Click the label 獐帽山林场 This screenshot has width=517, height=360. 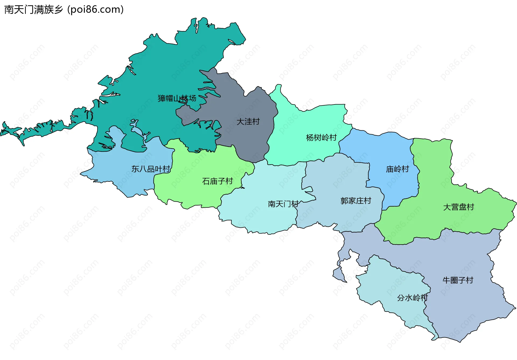(x=177, y=98)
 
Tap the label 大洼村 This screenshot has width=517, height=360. (x=248, y=122)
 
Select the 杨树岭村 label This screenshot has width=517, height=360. (x=321, y=138)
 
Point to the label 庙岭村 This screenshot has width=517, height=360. (x=397, y=169)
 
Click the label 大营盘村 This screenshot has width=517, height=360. (x=458, y=207)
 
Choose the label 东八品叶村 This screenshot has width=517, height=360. (x=151, y=169)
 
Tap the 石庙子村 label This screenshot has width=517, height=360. (x=217, y=181)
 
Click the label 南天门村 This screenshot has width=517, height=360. (x=283, y=204)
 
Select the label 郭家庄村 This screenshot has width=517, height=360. (x=355, y=201)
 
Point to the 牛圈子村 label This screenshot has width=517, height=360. (x=458, y=280)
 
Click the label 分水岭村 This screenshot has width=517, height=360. (x=412, y=298)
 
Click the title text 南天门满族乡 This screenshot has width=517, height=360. (x=34, y=10)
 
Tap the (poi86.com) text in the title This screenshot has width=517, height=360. (x=96, y=10)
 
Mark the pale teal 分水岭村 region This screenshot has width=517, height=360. (x=390, y=285)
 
